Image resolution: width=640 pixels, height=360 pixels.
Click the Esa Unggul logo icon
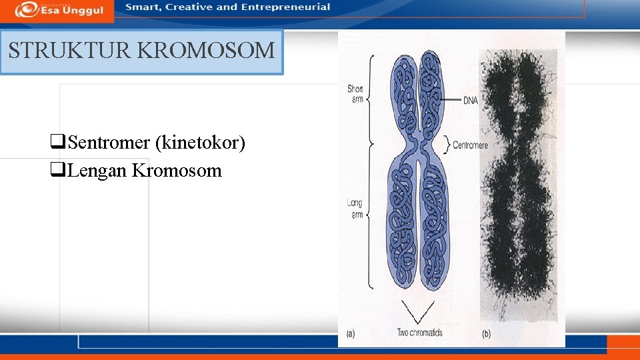(27, 9)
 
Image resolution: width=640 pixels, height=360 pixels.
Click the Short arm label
(355, 94)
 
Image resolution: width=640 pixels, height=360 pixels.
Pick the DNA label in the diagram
(471, 101)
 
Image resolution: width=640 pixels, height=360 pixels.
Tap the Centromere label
(470, 145)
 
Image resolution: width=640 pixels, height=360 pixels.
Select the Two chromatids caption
(419, 332)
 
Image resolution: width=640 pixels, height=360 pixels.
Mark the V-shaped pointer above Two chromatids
(419, 313)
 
